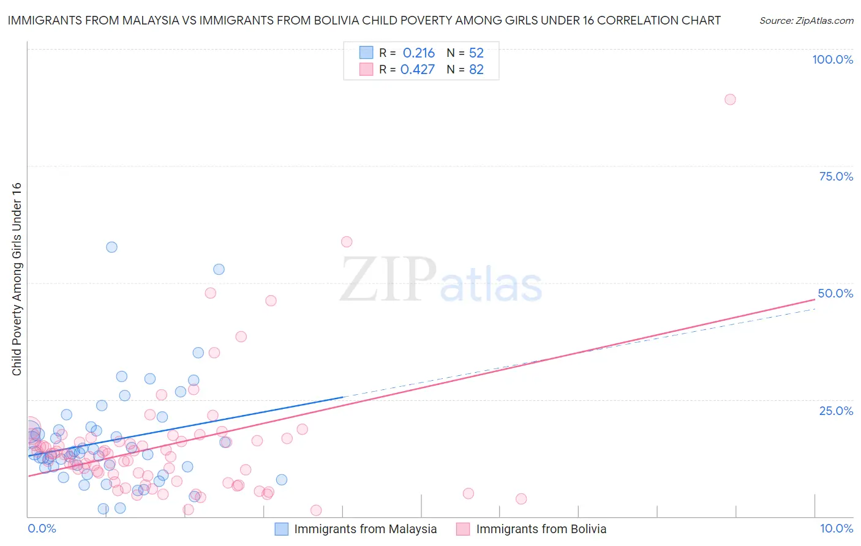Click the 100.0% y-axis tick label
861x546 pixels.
[832, 59]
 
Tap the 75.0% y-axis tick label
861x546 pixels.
[836, 176]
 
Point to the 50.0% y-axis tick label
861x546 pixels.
[835, 293]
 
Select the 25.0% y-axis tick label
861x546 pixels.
[836, 410]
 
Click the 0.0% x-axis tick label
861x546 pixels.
[42, 528]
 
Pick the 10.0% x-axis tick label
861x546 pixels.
[836, 528]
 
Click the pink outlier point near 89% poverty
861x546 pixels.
[730, 99]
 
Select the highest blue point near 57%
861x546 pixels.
[111, 247]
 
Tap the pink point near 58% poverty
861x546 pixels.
[347, 242]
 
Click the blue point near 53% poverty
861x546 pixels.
[219, 269]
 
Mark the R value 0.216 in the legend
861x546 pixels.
[418, 53]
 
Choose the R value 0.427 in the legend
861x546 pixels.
[417, 70]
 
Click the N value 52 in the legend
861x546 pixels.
[476, 53]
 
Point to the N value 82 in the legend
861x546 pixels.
[476, 70]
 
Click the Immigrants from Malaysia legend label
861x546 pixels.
[365, 529]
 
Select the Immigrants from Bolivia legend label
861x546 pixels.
[541, 529]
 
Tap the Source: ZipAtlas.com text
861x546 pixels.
[806, 21]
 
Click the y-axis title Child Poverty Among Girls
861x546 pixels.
[17, 279]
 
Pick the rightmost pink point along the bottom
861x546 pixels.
[521, 499]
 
